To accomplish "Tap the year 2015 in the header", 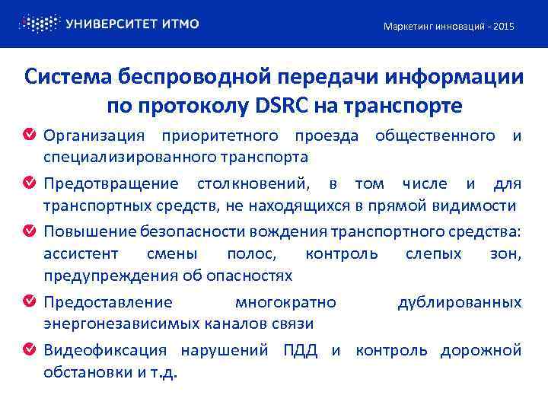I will (503, 27).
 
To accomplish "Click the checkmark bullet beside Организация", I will (29, 136).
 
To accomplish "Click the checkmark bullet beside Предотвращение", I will (29, 184).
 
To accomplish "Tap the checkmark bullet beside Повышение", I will (29, 231).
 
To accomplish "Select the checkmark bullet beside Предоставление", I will (29, 302).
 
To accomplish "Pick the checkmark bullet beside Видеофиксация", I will (29, 350).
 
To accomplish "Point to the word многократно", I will (285, 303).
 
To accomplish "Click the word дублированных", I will (459, 303).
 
